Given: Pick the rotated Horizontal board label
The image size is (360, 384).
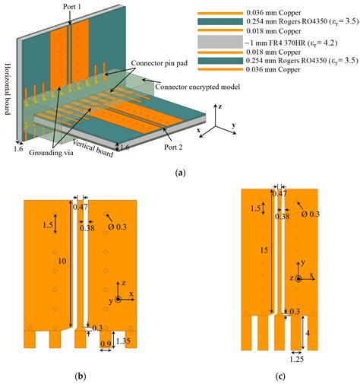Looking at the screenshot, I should coord(6,87).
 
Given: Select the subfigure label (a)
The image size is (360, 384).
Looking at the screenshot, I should coord(180,173).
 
